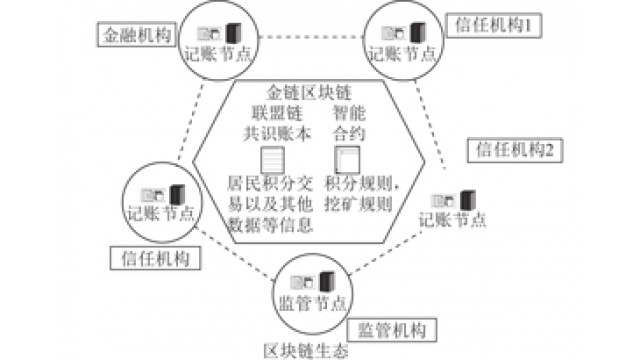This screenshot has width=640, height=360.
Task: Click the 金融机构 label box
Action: pyautogui.click(x=137, y=35)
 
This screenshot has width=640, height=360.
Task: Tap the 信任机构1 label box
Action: pyautogui.click(x=494, y=26)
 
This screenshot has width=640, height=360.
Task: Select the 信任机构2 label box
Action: pyautogui.click(x=515, y=151)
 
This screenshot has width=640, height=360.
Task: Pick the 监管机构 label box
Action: pyautogui.click(x=392, y=330)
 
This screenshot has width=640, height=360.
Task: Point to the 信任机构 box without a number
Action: pyautogui.click(x=156, y=258)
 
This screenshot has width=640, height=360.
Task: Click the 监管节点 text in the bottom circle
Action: pyautogui.click(x=312, y=303)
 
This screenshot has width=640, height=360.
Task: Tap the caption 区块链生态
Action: pyautogui.click(x=306, y=351)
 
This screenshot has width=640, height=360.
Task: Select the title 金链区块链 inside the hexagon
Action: pyautogui.click(x=309, y=93)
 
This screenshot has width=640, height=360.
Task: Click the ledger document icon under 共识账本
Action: pyautogui.click(x=273, y=160)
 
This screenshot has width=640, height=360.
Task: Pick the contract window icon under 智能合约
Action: pyautogui.click(x=347, y=160)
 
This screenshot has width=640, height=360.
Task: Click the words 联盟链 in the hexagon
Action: pyautogui.click(x=277, y=113)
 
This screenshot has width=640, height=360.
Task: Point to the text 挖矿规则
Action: pyautogui.click(x=358, y=204)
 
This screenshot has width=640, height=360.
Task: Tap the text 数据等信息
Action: pyautogui.click(x=270, y=224)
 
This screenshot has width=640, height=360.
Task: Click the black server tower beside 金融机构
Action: pyautogui.click(x=233, y=33)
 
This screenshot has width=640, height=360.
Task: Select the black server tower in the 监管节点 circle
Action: pyautogui.click(x=327, y=282)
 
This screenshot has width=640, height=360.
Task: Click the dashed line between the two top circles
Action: pyautogui.click(x=311, y=37)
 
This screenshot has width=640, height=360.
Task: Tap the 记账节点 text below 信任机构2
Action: pyautogui.click(x=452, y=220)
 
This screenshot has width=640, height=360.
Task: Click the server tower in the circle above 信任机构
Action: pyautogui.click(x=177, y=195)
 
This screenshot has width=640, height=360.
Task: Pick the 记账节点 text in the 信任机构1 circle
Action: pyautogui.click(x=402, y=54)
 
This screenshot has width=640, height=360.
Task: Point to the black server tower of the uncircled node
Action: pyautogui.click(x=467, y=200)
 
